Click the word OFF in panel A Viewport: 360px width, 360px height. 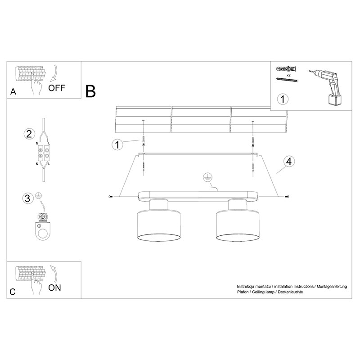[57, 88]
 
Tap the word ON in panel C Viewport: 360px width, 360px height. [54, 288]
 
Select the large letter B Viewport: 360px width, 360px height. [90, 91]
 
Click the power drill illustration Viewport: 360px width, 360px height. [325, 87]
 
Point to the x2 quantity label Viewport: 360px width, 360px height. [288, 75]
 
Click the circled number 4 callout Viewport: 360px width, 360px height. [289, 162]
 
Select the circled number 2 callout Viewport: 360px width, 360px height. [29, 134]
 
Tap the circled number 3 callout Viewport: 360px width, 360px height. [27, 198]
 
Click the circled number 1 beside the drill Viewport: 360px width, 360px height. [283, 99]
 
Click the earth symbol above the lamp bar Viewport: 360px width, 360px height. [207, 177]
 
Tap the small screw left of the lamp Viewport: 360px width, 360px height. [110, 197]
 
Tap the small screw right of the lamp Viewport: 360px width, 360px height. [287, 197]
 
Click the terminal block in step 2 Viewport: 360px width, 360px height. [43, 153]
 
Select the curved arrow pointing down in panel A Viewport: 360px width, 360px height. [54, 73]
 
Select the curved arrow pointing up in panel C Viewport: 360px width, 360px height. [54, 274]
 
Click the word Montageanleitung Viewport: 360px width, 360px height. [332, 287]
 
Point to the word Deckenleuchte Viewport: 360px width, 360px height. [290, 292]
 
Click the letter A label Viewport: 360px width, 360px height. [13, 92]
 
